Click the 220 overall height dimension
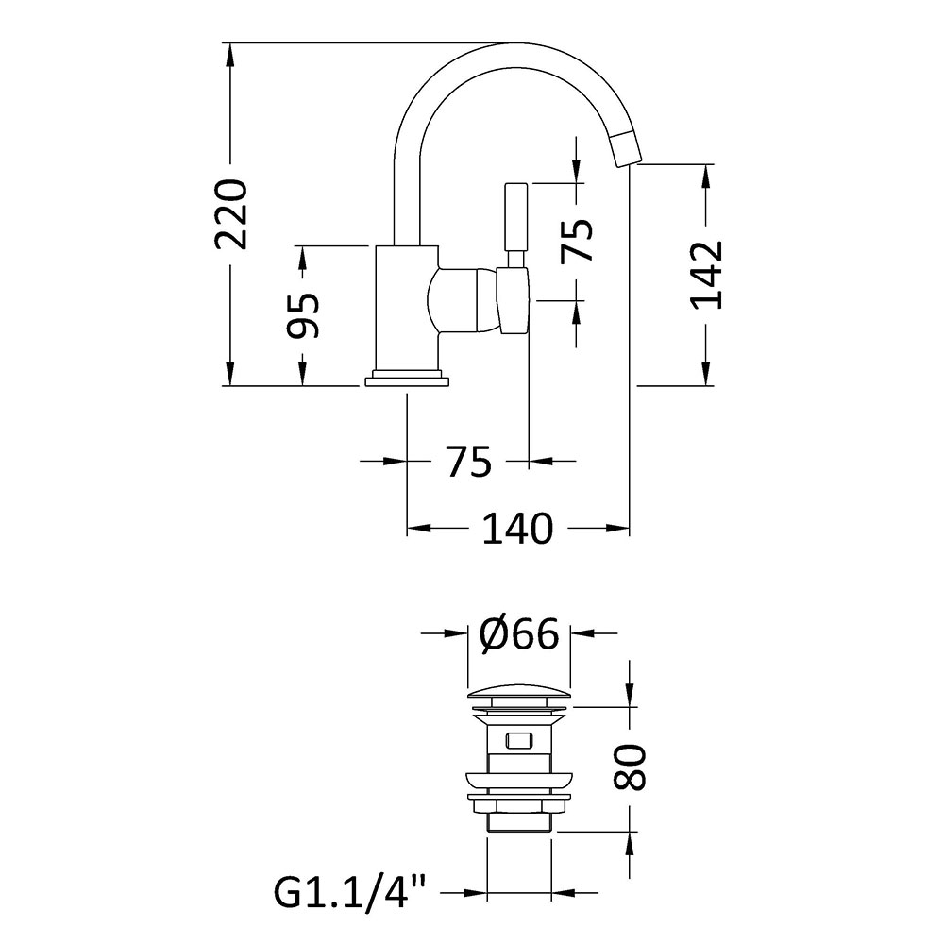[231, 213]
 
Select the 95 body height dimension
[303, 315]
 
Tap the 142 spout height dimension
[706, 275]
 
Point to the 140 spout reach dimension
[517, 529]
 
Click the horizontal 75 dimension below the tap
[469, 462]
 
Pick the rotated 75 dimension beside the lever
[577, 240]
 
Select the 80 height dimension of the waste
[629, 767]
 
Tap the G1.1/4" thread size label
[351, 892]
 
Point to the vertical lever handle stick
[516, 226]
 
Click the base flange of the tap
[407, 379]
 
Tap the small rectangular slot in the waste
[518, 739]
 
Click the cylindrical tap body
[407, 308]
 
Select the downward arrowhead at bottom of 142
[705, 373]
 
